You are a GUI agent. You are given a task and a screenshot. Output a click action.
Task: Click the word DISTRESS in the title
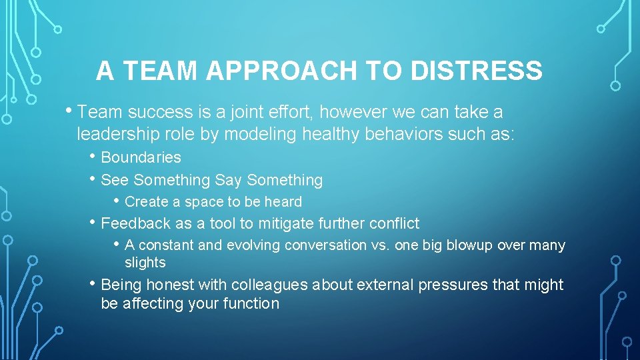pos(476,71)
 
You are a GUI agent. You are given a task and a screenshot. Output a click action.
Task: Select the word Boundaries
pos(141,158)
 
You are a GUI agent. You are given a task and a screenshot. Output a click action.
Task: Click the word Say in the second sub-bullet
pos(229,180)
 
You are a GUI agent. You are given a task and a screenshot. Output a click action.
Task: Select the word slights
pos(145,263)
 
